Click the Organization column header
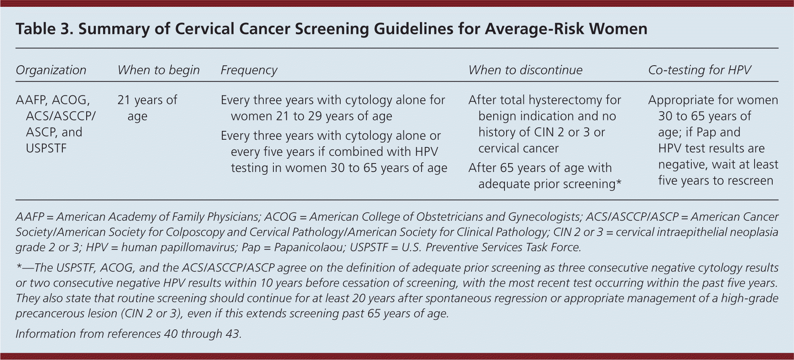[x=51, y=70]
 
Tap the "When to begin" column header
[x=159, y=70]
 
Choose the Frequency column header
[x=249, y=70]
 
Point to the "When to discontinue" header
[x=525, y=70]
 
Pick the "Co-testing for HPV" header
[x=699, y=70]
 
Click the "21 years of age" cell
[x=147, y=108]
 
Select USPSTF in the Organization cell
[x=46, y=148]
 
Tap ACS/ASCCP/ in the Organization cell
[x=61, y=116]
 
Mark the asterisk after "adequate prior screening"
[x=619, y=182]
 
